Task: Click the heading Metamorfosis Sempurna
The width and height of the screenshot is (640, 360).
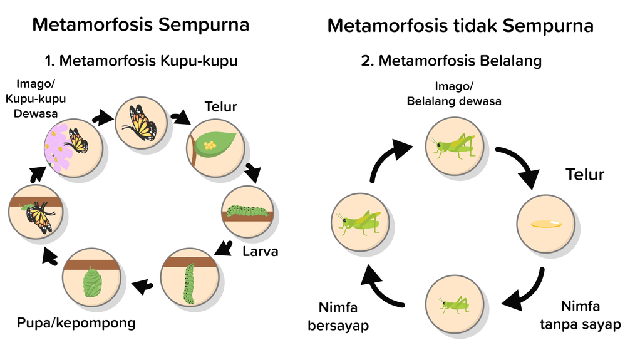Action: [x=141, y=25]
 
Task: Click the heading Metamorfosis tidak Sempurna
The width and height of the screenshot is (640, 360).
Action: [x=460, y=26]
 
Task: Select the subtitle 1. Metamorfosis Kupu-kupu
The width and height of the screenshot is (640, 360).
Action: [x=141, y=61]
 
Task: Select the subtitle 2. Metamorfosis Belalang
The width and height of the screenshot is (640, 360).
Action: [x=451, y=61]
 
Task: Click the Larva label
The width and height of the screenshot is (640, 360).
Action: [x=261, y=252]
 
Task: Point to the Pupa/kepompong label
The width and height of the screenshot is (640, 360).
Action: [x=76, y=324]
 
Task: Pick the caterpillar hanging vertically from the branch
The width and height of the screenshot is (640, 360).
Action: [x=188, y=284]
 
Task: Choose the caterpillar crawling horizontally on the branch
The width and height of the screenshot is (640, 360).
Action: [x=247, y=211]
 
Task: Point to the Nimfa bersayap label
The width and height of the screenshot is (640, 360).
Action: [x=338, y=316]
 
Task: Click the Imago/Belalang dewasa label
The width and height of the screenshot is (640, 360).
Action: [x=454, y=93]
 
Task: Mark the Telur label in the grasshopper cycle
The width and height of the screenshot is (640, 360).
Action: [x=585, y=174]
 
